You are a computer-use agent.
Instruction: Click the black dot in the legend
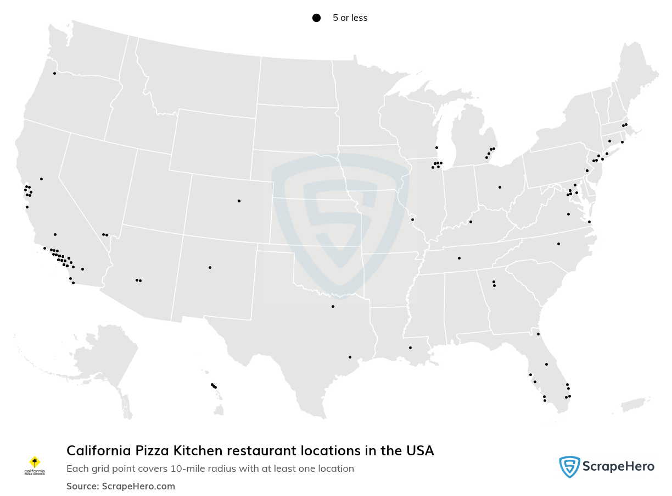pyautogui.click(x=316, y=18)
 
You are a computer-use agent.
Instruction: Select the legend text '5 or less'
pyautogui.click(x=350, y=18)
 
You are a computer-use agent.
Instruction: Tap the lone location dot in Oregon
pyautogui.click(x=54, y=73)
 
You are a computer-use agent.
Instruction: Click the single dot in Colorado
pyautogui.click(x=239, y=201)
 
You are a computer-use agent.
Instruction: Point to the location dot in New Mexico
pyautogui.click(x=210, y=267)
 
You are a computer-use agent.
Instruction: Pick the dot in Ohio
pyautogui.click(x=500, y=187)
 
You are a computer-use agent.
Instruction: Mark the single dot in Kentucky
pyautogui.click(x=471, y=222)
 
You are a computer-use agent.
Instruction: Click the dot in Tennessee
pyautogui.click(x=459, y=258)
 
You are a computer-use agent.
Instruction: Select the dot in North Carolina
pyautogui.click(x=558, y=244)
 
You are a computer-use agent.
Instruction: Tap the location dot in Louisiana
pyautogui.click(x=410, y=348)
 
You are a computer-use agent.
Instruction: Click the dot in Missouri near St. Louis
pyautogui.click(x=412, y=219)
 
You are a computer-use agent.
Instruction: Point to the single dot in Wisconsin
pyautogui.click(x=436, y=147)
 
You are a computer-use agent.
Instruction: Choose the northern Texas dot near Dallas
pyautogui.click(x=333, y=306)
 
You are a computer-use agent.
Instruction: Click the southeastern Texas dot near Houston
pyautogui.click(x=350, y=357)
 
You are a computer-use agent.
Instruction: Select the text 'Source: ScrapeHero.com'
pyautogui.click(x=121, y=486)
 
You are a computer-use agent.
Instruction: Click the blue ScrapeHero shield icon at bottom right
pyautogui.click(x=569, y=467)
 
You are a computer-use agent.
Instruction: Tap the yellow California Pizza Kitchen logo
pyautogui.click(x=35, y=462)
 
